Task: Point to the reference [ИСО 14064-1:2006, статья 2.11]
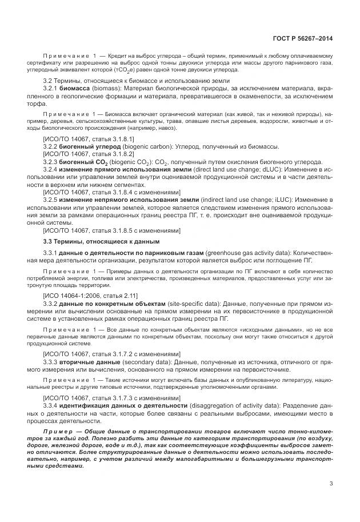click(x=90, y=295)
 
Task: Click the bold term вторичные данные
click(x=90, y=362)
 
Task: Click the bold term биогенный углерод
click(x=89, y=147)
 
